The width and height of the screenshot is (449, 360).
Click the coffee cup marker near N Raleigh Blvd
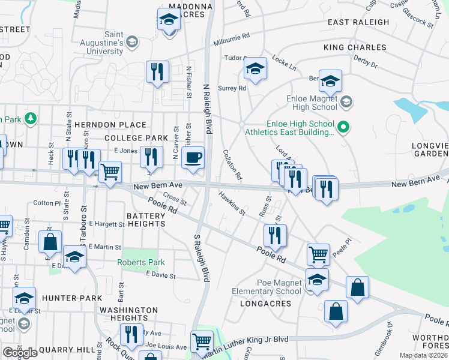(x=193, y=158)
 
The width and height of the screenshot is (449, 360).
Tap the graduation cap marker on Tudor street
(x=255, y=70)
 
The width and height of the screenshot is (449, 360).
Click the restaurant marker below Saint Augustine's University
(x=157, y=72)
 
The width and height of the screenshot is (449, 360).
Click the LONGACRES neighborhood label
(x=265, y=304)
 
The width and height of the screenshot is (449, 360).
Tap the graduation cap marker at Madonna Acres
(x=169, y=20)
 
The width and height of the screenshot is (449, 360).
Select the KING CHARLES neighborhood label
(x=355, y=47)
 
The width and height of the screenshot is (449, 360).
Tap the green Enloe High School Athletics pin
(x=343, y=127)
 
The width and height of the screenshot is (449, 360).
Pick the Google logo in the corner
(x=20, y=353)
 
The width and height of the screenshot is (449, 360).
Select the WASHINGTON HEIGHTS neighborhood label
(x=128, y=314)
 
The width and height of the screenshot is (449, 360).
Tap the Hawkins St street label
(x=232, y=202)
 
